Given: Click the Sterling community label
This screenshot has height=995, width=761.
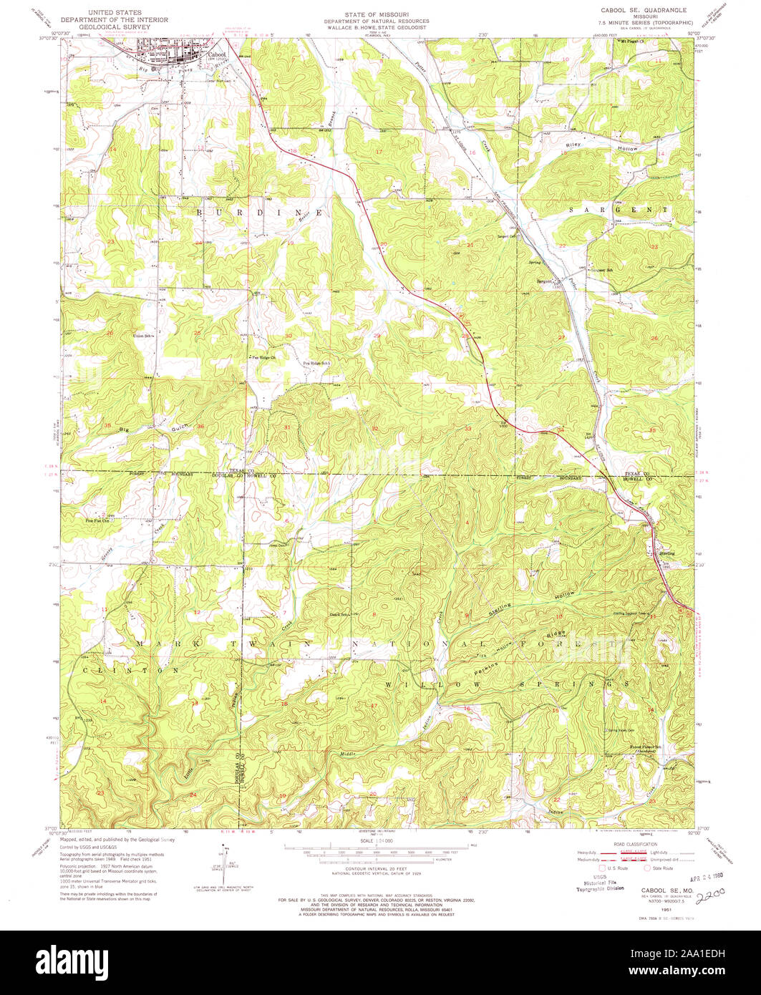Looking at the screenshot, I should click(x=663, y=553).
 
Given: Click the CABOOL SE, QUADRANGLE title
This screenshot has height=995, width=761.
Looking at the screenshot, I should click(x=636, y=10).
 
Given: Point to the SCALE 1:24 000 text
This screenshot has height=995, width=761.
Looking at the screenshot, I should click(x=380, y=840).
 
